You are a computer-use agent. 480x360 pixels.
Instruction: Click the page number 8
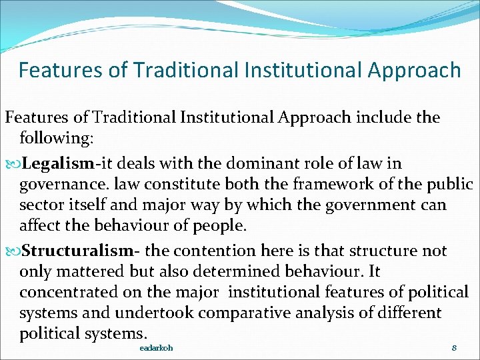(453, 348)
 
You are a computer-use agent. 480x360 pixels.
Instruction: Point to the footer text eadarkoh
(156, 348)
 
